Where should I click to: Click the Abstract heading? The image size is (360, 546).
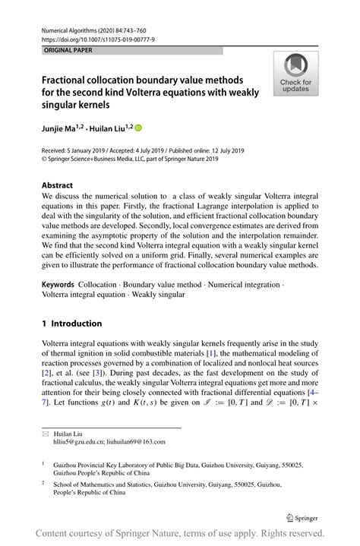coord(58,185)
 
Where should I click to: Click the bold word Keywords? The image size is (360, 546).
coord(58,283)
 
